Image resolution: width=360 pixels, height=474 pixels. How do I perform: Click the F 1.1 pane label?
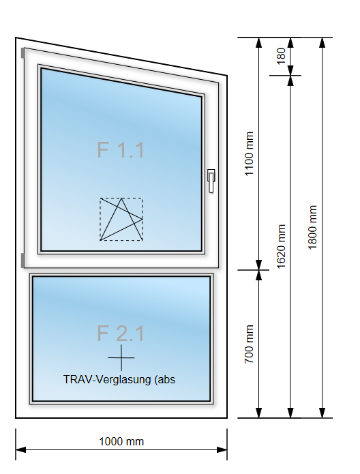pyautogui.click(x=121, y=149)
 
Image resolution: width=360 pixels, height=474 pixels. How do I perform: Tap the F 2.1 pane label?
pyautogui.click(x=121, y=334)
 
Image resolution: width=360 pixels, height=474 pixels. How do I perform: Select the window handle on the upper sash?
pyautogui.click(x=211, y=181)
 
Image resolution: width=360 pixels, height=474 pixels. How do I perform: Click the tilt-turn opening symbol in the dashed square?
pyautogui.click(x=121, y=219)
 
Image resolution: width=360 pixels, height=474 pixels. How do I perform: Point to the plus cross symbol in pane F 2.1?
pyautogui.click(x=121, y=357)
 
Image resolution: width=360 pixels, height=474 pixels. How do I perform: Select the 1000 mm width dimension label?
pyautogui.click(x=121, y=441)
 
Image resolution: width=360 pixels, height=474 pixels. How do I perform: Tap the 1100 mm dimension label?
pyautogui.click(x=249, y=153)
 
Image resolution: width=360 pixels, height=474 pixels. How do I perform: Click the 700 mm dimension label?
pyautogui.click(x=249, y=344)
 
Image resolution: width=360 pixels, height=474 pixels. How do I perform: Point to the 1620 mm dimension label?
pyautogui.click(x=281, y=246)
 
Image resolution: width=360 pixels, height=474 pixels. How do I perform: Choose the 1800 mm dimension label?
pyautogui.click(x=312, y=227)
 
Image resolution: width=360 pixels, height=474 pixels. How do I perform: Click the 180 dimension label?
pyautogui.click(x=281, y=56)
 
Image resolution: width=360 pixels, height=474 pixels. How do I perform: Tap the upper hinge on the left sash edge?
pyautogui.click(x=22, y=53)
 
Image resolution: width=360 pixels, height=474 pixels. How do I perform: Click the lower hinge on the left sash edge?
pyautogui.click(x=22, y=261)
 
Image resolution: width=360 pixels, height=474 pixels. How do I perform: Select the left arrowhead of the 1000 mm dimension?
pyautogui.click(x=21, y=450)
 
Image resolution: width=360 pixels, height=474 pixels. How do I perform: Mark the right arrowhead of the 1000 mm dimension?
pyautogui.click(x=222, y=450)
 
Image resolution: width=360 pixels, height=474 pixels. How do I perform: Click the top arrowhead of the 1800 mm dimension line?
pyautogui.click(x=322, y=43)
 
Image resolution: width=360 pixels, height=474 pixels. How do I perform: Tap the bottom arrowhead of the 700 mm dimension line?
pyautogui.click(x=258, y=413)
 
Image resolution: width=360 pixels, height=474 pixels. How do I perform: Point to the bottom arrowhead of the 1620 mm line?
pyautogui.click(x=290, y=413)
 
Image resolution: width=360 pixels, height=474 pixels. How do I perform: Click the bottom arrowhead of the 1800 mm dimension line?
pyautogui.click(x=322, y=413)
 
